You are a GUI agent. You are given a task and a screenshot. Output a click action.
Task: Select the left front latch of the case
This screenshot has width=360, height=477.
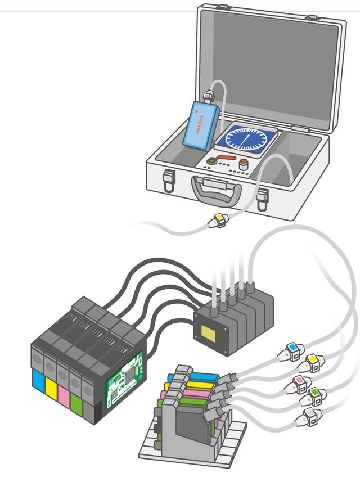[x=168, y=181]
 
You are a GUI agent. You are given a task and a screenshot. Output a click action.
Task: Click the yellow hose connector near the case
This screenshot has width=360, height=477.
[x=219, y=220]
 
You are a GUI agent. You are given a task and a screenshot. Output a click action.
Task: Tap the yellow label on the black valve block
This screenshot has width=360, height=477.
[x=211, y=333]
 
